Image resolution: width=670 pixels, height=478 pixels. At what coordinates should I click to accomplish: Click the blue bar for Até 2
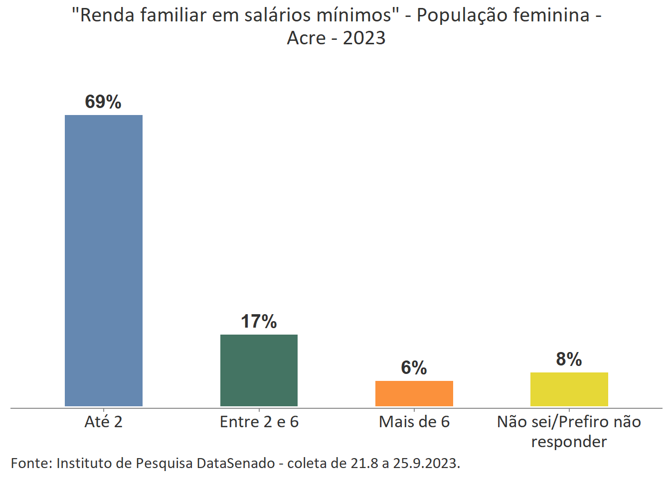coord(104,260)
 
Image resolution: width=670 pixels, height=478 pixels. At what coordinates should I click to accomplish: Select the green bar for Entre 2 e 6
coord(259,370)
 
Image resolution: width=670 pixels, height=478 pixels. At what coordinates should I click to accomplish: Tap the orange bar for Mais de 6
coord(414,393)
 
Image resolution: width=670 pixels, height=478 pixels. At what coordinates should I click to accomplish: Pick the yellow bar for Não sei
coord(569,389)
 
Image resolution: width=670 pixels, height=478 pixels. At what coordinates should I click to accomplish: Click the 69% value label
coord(103,102)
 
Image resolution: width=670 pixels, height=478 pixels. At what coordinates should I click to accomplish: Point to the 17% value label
coord(259,322)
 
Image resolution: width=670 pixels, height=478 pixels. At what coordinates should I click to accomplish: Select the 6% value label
coord(414,368)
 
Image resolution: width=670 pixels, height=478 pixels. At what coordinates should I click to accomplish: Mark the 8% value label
coord(569,359)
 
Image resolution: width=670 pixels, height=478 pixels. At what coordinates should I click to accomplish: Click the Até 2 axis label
coord(103,422)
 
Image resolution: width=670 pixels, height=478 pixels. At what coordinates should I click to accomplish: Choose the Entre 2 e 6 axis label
coord(259,422)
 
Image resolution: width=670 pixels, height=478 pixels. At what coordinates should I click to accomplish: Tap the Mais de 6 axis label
coord(414,422)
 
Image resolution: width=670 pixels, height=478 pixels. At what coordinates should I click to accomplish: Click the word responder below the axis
coord(569,442)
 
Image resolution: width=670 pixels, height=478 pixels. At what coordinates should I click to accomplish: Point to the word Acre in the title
coord(306,38)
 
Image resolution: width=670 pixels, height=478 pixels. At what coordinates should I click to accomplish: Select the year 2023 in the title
coord(364,38)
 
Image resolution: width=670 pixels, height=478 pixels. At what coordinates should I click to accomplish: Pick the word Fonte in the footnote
coord(31,463)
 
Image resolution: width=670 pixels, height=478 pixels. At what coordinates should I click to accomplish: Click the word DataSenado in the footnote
coord(236,463)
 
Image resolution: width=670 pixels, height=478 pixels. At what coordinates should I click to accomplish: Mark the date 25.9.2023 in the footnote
coord(426,463)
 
